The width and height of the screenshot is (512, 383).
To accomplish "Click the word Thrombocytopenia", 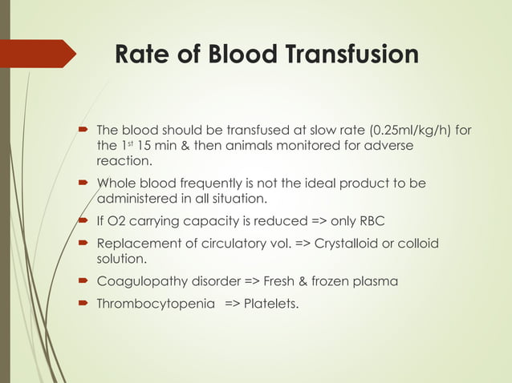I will (x=151, y=303).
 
